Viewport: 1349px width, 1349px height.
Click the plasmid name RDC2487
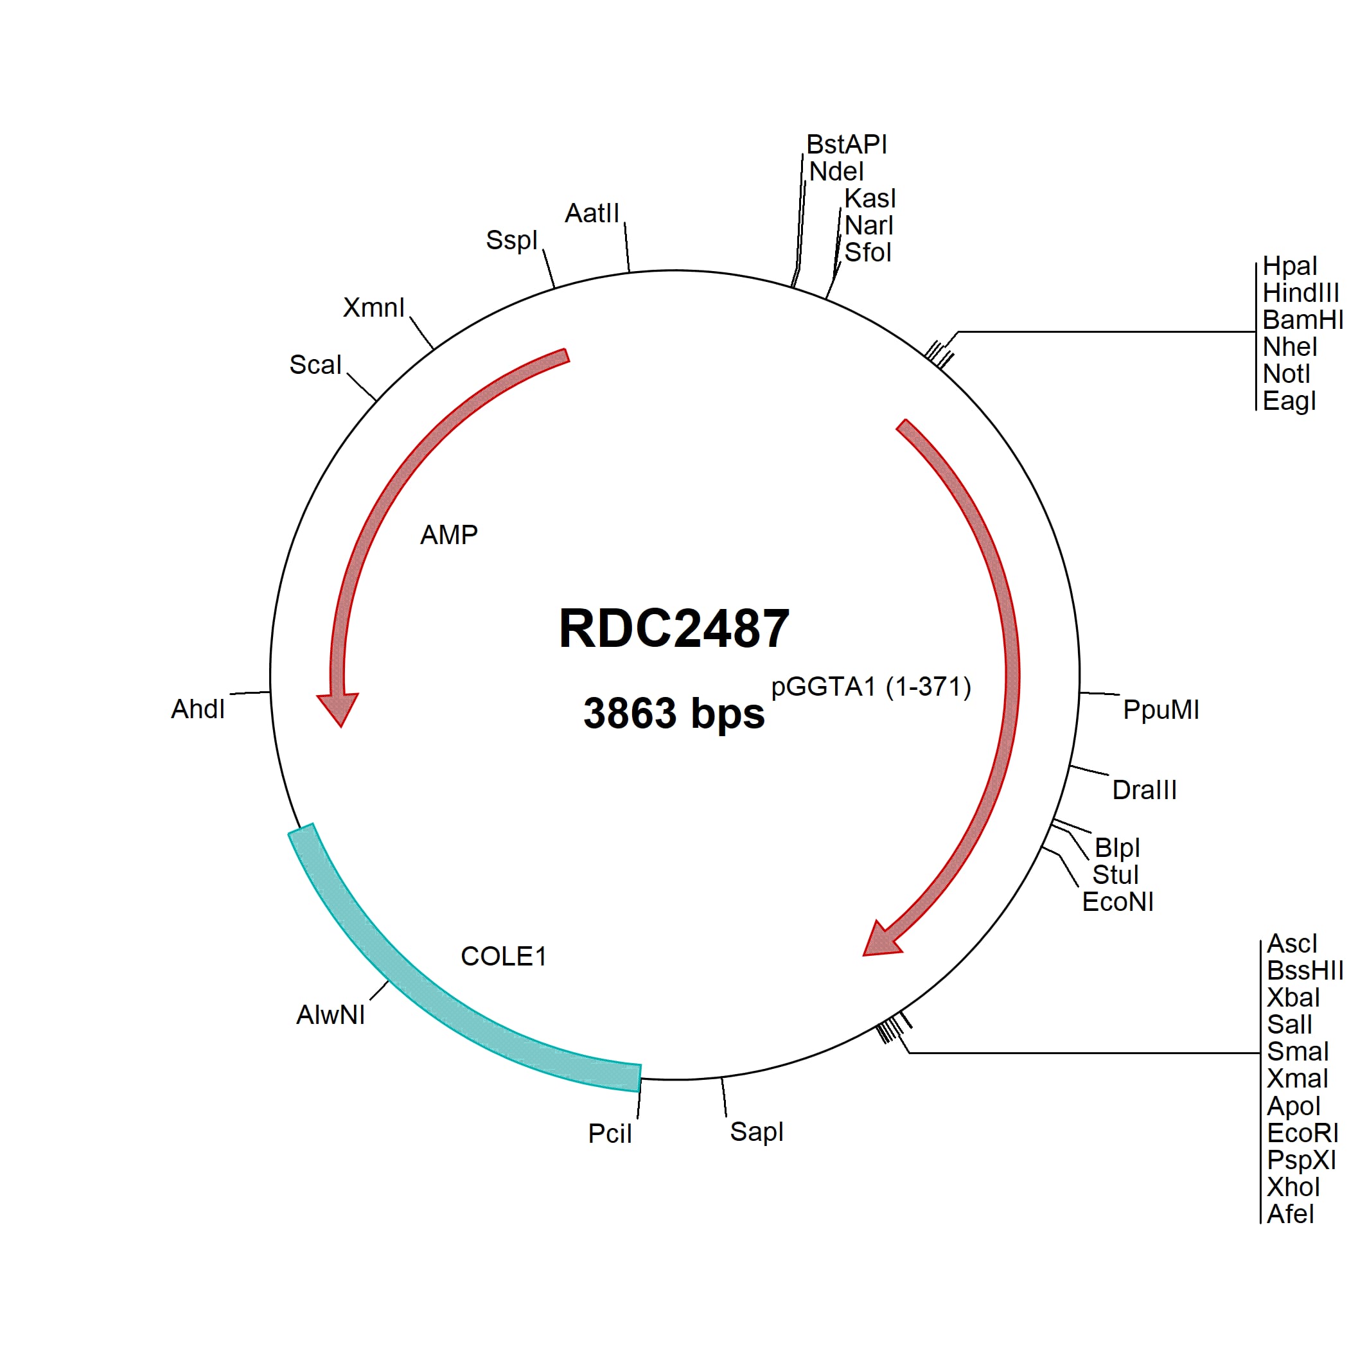pyautogui.click(x=674, y=628)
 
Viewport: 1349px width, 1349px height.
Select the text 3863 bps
pyautogui.click(x=674, y=714)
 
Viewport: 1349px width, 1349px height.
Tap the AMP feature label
pyautogui.click(x=449, y=535)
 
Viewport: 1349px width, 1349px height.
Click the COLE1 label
pyautogui.click(x=504, y=957)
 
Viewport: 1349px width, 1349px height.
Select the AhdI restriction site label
pyautogui.click(x=198, y=709)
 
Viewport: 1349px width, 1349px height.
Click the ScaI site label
pyautogui.click(x=315, y=365)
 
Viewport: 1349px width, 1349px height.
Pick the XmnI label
pyautogui.click(x=374, y=308)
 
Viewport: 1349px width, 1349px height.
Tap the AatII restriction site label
pyautogui.click(x=592, y=214)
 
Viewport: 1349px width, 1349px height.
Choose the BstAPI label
pyautogui.click(x=846, y=145)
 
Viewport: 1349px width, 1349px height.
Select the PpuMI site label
pyautogui.click(x=1161, y=710)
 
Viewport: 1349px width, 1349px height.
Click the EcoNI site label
pyautogui.click(x=1118, y=902)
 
